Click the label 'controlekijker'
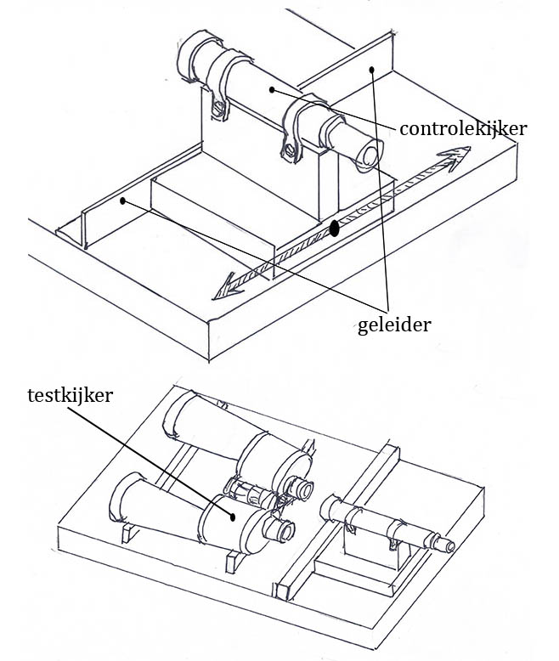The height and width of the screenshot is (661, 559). (462, 129)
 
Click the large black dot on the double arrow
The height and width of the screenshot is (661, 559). (335, 228)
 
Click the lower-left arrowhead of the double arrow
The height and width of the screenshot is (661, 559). (223, 291)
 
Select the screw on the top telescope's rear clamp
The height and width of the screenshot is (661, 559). (219, 108)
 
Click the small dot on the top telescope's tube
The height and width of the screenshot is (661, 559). (270, 88)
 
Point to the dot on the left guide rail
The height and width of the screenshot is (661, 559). (123, 201)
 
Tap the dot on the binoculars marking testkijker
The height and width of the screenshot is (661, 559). (231, 515)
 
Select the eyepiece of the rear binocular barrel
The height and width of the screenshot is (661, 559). (302, 488)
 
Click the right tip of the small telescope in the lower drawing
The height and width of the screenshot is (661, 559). (449, 546)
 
